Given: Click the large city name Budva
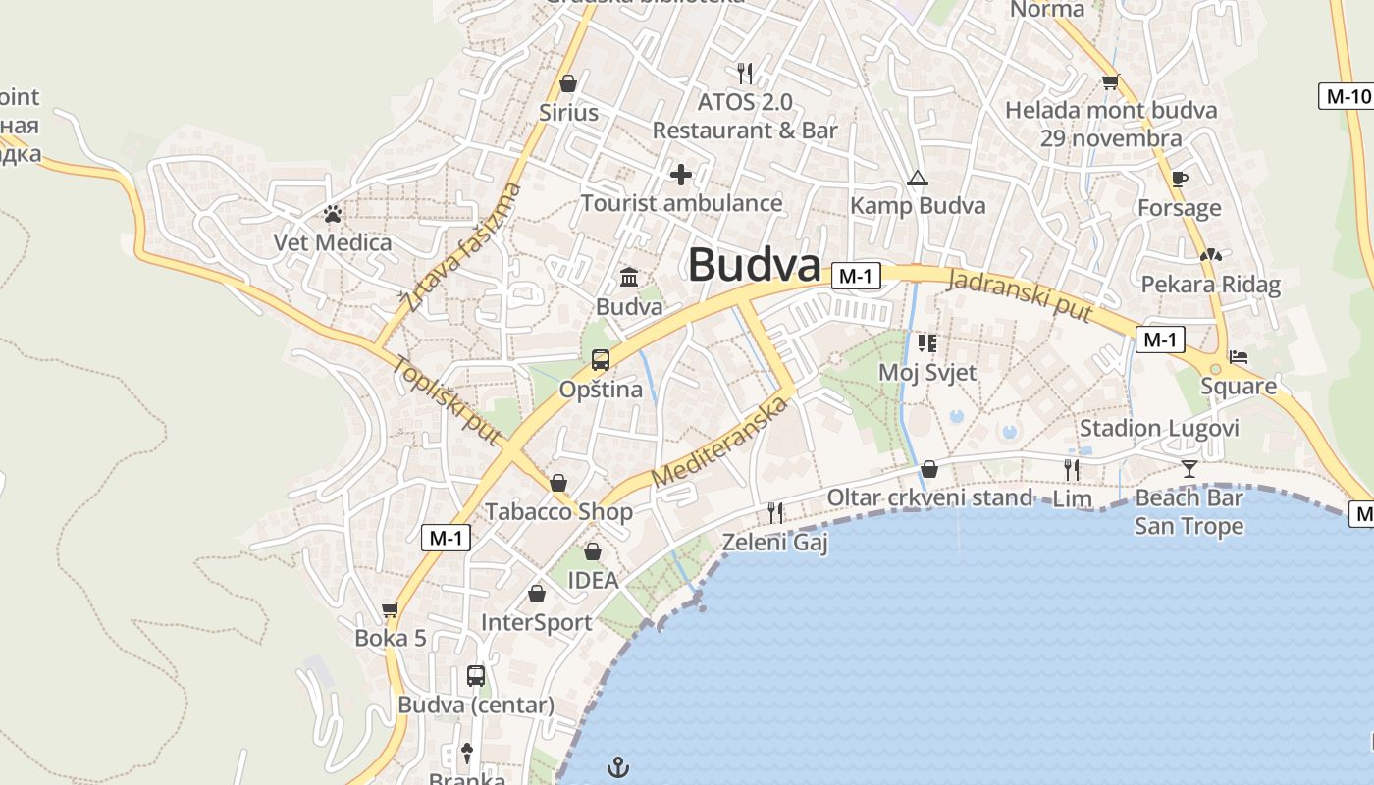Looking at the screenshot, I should click(x=754, y=265).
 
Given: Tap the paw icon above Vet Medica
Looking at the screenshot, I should click(x=333, y=213).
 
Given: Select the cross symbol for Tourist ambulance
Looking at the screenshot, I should click(x=680, y=176).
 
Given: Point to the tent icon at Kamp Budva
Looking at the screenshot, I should click(x=917, y=178).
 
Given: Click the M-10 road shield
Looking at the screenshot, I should click(x=1344, y=96).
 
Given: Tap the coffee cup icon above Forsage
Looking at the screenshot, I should click(x=1179, y=179).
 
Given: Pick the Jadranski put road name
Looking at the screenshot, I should click(x=1022, y=292).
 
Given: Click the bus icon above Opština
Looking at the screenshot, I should click(x=600, y=360).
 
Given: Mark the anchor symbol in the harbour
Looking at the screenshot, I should click(x=617, y=766).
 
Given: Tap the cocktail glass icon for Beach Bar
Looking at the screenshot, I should click(x=1189, y=468).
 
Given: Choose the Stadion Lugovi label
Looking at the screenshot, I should click(x=1159, y=429).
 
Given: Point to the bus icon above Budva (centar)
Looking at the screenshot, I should click(x=476, y=676).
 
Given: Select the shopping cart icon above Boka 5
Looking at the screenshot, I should click(x=390, y=610).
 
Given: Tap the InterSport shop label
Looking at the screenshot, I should click(x=536, y=622).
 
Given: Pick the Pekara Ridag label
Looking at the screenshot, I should click(x=1210, y=285).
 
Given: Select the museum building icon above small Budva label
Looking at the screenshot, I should click(x=628, y=278).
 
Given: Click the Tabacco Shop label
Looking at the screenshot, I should click(x=558, y=511).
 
